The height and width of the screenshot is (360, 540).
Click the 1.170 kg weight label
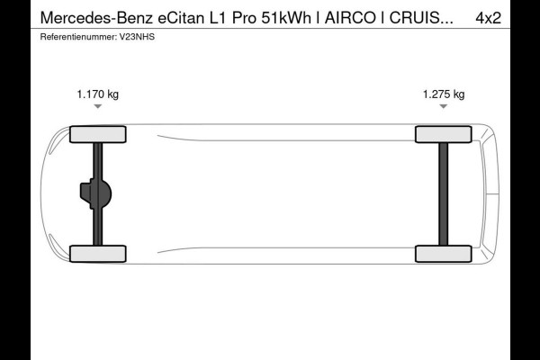(97, 94)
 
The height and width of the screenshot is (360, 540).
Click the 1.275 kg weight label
(444, 94)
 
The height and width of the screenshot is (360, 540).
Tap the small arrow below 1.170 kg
(97, 107)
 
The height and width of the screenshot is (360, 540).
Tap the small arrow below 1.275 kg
(444, 107)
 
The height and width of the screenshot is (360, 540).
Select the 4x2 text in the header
(513, 17)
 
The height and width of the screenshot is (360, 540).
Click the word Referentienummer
(77, 37)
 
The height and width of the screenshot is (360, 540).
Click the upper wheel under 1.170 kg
(97, 134)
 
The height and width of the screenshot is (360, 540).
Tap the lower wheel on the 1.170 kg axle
(97, 254)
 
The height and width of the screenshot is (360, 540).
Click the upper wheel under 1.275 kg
(443, 134)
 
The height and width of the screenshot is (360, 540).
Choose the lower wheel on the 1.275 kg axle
(443, 254)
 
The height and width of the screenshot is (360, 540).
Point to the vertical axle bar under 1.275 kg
(443, 193)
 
